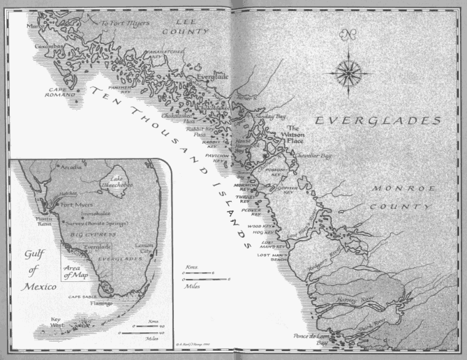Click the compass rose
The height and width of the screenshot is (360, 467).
(x=348, y=72)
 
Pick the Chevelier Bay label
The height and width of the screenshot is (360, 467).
(x=313, y=156)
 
